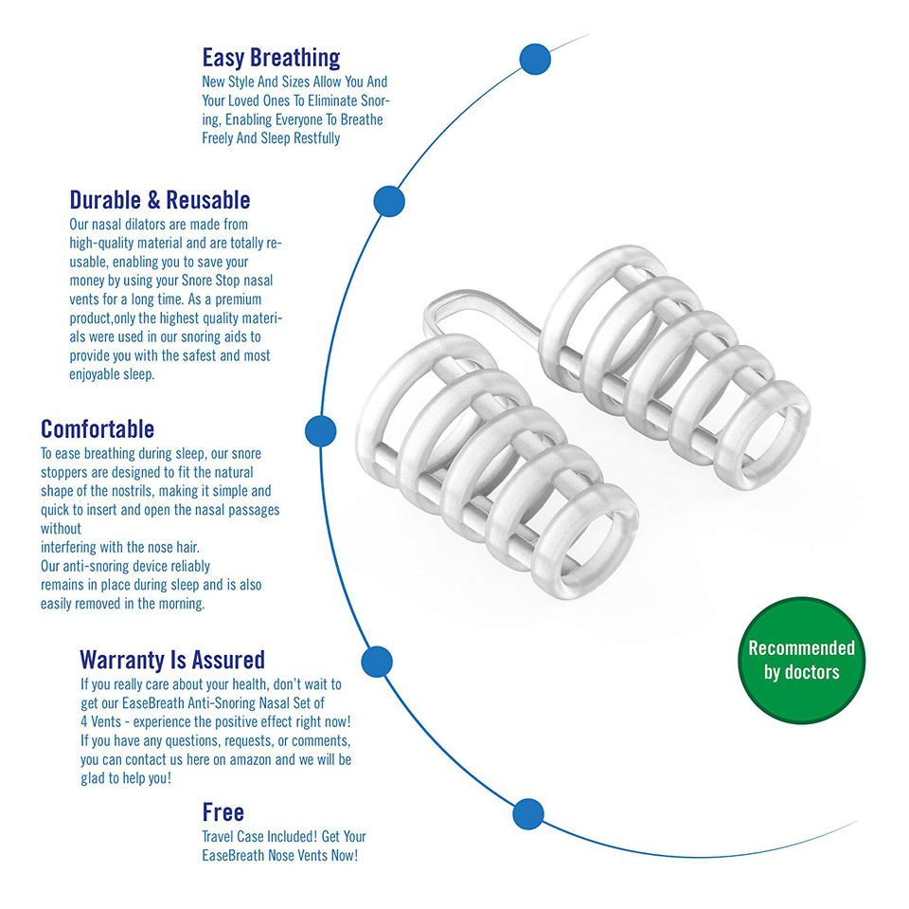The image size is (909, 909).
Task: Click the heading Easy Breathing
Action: tap(271, 58)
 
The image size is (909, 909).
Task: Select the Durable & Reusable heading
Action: tap(159, 200)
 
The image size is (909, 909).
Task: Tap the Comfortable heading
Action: tap(98, 429)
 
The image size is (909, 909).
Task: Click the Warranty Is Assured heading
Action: tap(172, 659)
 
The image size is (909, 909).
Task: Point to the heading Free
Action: tap(223, 812)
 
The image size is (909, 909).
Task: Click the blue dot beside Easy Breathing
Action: tap(535, 59)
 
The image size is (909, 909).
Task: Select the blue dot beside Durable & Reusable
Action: tap(389, 201)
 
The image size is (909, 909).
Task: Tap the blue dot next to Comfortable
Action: tap(321, 431)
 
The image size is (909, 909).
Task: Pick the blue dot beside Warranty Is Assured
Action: tap(377, 660)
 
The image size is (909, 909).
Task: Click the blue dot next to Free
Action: tap(528, 813)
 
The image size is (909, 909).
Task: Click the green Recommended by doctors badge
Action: tap(801, 660)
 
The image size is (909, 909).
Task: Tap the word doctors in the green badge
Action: tap(801, 673)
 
